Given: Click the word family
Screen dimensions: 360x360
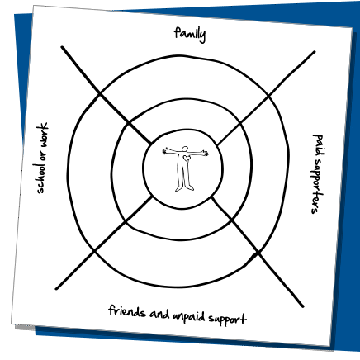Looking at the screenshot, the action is tap(190, 34).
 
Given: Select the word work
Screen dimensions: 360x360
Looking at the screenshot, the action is tap(43, 135).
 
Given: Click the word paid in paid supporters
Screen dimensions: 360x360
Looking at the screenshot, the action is tap(319, 144).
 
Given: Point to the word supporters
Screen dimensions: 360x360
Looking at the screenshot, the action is tap(317, 187).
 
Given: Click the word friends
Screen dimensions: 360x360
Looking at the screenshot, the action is tap(127, 311).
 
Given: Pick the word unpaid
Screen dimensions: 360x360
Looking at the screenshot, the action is tap(189, 316).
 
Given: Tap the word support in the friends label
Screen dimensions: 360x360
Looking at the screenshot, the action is tap(227, 320).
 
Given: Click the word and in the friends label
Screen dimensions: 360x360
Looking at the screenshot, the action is tap(159, 314).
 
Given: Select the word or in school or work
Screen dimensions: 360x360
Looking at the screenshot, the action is tap(42, 156).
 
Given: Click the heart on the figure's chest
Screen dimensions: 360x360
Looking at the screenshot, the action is tap(187, 159).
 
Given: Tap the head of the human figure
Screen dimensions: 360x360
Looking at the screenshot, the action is tap(185, 149).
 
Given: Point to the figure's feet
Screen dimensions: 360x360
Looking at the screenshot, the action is tap(184, 188).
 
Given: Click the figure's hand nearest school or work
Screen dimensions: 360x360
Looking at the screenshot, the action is tap(165, 151).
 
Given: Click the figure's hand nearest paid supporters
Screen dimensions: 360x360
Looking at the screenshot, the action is tap(205, 154).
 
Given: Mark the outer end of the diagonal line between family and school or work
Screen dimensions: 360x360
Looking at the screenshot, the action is tap(62, 47).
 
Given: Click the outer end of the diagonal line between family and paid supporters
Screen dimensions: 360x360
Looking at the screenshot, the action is tap(315, 51).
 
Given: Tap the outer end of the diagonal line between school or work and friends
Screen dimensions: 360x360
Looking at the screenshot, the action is tap(56, 289).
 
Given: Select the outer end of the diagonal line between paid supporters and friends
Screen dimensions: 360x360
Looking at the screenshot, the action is tap(303, 306).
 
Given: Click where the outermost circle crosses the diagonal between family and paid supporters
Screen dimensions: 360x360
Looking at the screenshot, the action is tap(269, 96).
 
